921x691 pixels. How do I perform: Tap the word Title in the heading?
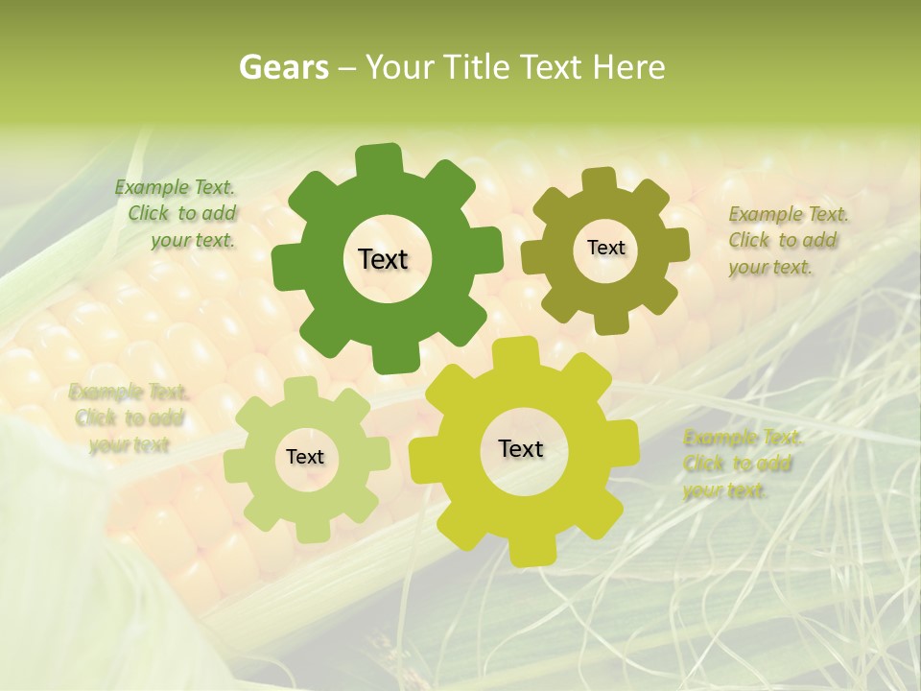pyautogui.click(x=474, y=67)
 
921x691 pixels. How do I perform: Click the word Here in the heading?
pyautogui.click(x=629, y=67)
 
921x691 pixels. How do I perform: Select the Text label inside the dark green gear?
pyautogui.click(x=383, y=259)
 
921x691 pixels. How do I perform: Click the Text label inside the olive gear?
pyautogui.click(x=605, y=248)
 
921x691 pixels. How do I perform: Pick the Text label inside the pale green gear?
pyautogui.click(x=305, y=457)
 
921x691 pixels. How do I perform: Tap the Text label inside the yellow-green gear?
pyautogui.click(x=521, y=448)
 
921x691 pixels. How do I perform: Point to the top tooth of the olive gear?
pyautogui.click(x=599, y=179)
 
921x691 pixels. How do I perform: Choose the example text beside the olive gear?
pyautogui.click(x=787, y=241)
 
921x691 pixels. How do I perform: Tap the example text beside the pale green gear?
pyautogui.click(x=130, y=418)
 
